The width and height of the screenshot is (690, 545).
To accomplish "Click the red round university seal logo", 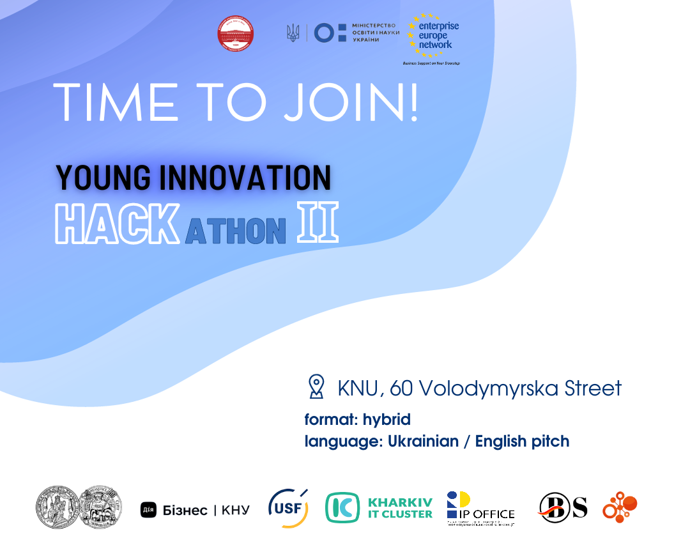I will coord(235,34).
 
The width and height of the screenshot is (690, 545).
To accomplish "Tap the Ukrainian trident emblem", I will coord(293,33).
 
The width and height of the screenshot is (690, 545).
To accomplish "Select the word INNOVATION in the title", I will coord(245,178).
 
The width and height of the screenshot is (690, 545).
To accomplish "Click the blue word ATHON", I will coord(235,231).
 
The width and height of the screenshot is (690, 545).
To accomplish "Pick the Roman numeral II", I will coord(318,224).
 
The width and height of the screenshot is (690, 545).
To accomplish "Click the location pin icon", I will coord(316,387).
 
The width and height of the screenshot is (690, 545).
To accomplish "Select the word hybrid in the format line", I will coord(387,420).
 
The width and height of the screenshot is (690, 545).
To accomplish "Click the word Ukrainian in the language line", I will coord(423,441).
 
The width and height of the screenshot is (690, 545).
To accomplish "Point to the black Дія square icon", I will coord(148,510).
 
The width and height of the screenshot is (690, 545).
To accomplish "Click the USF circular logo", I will coord(288,509).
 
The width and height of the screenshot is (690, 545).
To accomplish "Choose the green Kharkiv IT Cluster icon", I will coord(342,509).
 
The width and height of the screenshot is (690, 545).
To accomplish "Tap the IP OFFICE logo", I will coord(480,509).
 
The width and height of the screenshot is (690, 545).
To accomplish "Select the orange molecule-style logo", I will coord(620,507).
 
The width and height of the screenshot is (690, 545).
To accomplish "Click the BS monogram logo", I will coord(562,507).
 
